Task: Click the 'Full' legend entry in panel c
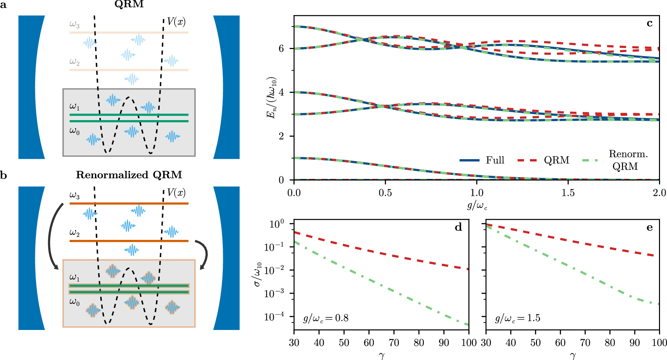[x=495, y=160]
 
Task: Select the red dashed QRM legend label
[x=556, y=160]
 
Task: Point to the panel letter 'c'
[x=649, y=23]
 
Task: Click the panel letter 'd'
[x=458, y=228]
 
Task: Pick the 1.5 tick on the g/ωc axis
[x=568, y=193]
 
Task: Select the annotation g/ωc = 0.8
[x=326, y=318]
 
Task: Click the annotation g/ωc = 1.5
[x=518, y=318]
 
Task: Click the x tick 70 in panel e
[x=585, y=343]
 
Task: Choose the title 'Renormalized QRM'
[x=129, y=175]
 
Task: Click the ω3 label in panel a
[x=74, y=24]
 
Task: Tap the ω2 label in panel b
[x=74, y=233]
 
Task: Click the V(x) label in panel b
[x=176, y=193]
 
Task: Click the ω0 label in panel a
[x=74, y=131]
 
